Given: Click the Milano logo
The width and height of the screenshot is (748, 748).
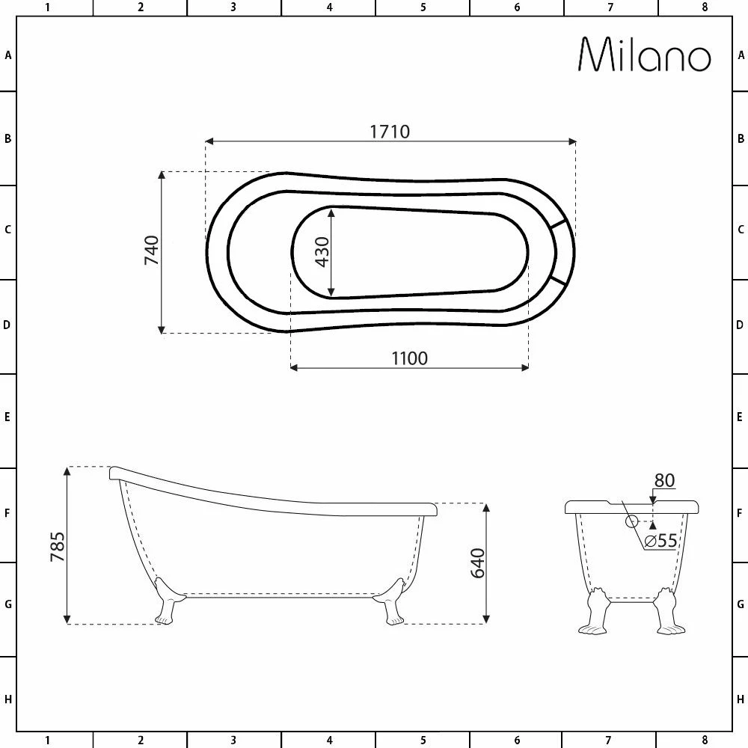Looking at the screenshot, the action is [x=645, y=55].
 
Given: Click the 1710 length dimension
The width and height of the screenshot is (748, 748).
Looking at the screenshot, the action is [x=390, y=132].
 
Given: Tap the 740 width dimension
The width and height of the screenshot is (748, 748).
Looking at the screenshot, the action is [x=152, y=250].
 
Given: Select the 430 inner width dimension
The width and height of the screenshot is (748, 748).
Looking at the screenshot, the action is [x=322, y=252].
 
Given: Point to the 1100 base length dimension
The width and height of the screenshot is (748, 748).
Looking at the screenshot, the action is [x=409, y=358].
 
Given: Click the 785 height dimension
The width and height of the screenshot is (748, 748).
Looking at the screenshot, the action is [x=58, y=547].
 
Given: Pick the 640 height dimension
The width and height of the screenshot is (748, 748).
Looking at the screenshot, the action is [x=477, y=563].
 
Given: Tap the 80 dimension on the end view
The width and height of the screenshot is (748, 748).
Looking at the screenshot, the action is [x=664, y=480].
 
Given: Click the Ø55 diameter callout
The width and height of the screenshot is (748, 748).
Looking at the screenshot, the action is [x=660, y=541].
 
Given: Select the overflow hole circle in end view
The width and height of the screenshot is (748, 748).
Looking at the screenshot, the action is [x=631, y=521].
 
